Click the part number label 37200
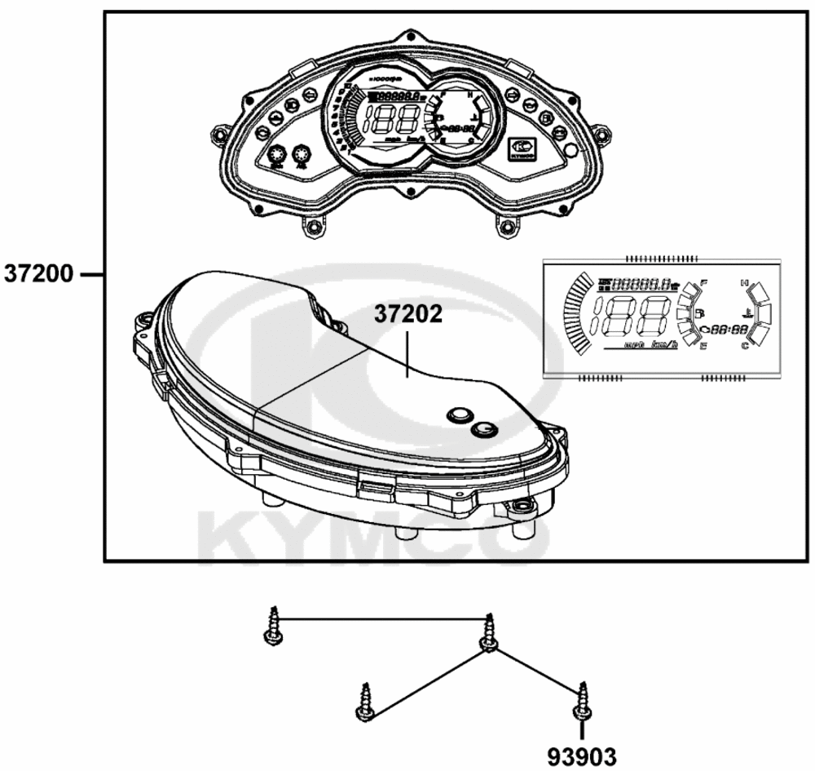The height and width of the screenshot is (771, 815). (x=38, y=273)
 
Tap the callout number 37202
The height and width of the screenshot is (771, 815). (x=408, y=314)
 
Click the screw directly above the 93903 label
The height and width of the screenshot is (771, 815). (x=582, y=701)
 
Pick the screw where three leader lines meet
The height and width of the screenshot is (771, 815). (x=488, y=633)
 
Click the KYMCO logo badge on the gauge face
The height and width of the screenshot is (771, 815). (x=522, y=148)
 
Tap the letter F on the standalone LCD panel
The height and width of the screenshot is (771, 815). (x=703, y=282)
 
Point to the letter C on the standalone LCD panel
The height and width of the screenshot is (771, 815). (x=744, y=346)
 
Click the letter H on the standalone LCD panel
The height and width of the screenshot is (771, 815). (x=744, y=283)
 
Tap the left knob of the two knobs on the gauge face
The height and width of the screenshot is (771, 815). (x=276, y=155)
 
